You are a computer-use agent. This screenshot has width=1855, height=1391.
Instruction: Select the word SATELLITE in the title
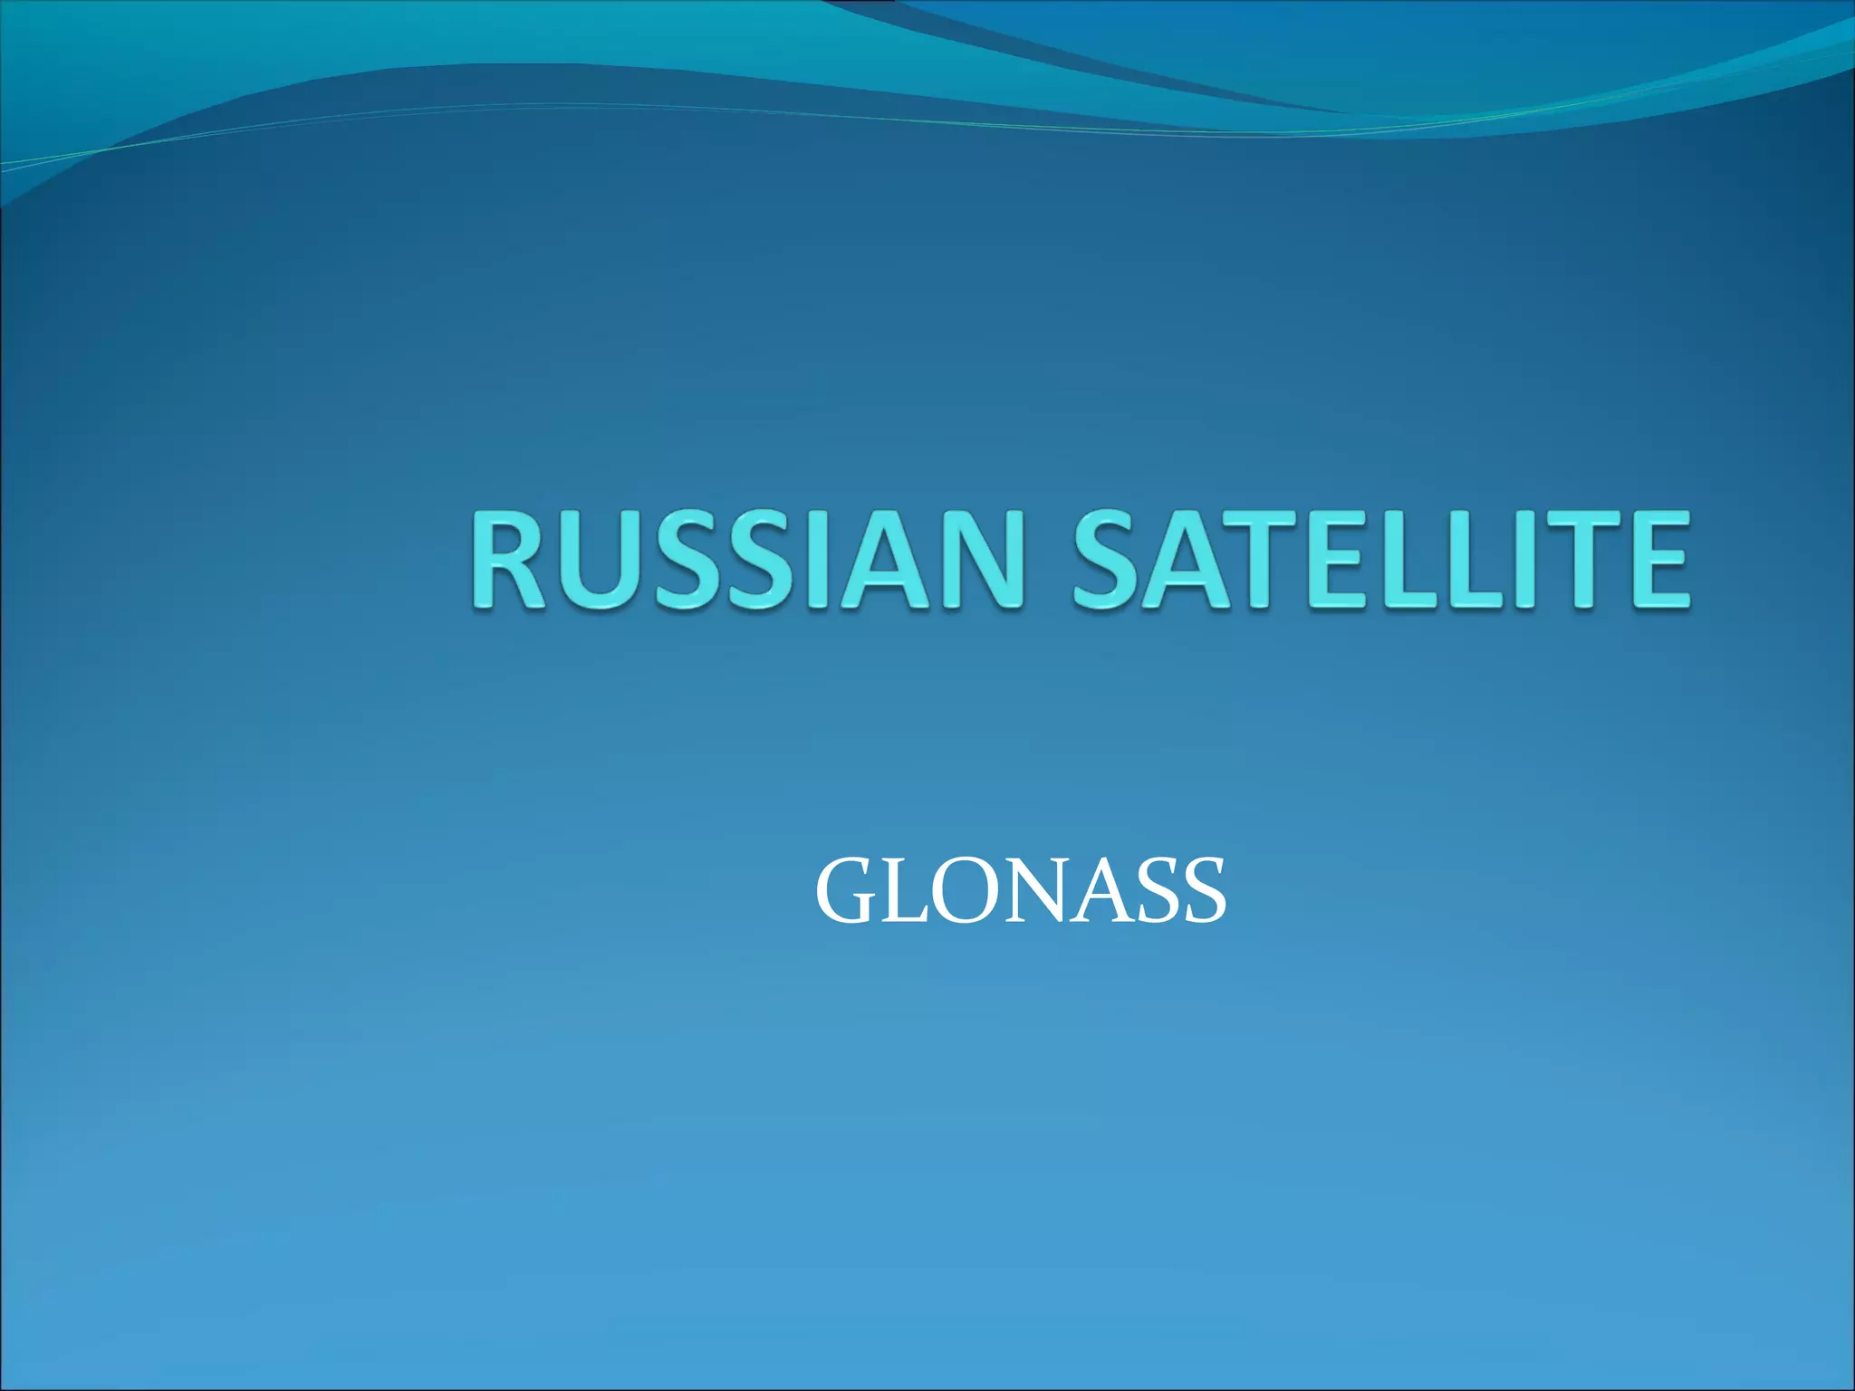1380,560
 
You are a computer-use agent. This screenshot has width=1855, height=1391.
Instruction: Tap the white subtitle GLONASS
1021,892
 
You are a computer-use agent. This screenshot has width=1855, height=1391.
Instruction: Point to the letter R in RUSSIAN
509,560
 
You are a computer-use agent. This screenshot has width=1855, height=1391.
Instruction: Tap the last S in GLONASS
1202,893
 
